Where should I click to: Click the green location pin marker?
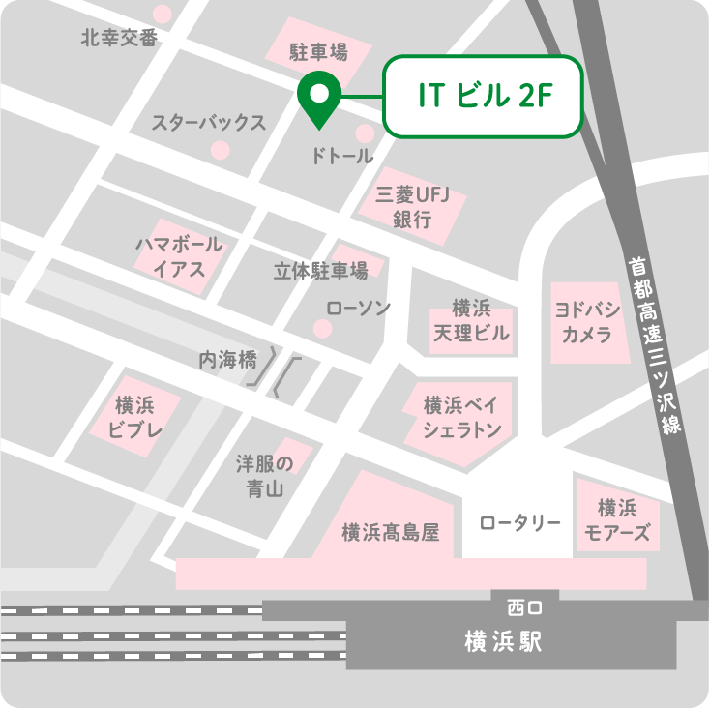click(x=316, y=96)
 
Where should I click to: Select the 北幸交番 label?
click(x=118, y=39)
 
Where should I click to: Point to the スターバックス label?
click(x=208, y=123)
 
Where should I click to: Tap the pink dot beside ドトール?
click(x=365, y=133)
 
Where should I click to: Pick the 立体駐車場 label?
click(x=320, y=271)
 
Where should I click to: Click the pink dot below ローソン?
click(x=323, y=329)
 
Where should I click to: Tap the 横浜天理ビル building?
click(x=472, y=322)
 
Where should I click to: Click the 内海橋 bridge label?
click(x=228, y=360)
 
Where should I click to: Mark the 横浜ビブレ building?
click(x=133, y=417)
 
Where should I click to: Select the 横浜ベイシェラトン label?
click(x=461, y=417)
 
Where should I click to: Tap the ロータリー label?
click(x=519, y=523)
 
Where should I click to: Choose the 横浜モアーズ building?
click(x=617, y=520)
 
